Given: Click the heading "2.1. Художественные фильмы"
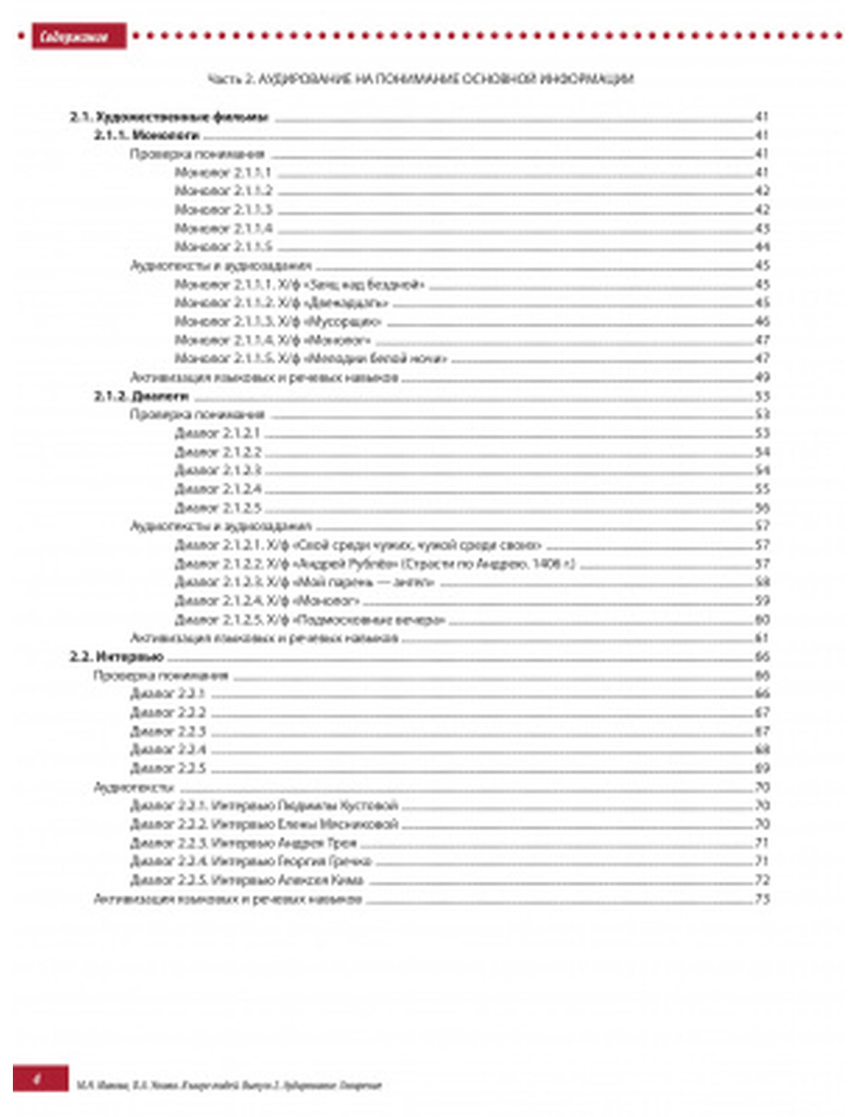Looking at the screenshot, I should pos(168,117).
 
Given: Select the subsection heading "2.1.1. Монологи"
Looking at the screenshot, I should pos(147,136).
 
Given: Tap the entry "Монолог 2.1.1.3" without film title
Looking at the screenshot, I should pos(223,210).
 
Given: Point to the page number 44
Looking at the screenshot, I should pos(762,247).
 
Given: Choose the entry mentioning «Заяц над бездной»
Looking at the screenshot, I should pos(300,284).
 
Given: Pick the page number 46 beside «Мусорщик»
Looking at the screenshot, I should pos(762,321).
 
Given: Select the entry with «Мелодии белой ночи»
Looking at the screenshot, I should pos(311,359).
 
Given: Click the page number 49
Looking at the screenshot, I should pos(762,377).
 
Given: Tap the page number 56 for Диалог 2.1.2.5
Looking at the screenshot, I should pos(762,508).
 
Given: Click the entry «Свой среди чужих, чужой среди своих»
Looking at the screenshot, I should pos(358,545).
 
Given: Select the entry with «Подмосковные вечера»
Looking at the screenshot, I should pos(310,620).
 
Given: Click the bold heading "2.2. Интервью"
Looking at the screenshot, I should pos(116,657).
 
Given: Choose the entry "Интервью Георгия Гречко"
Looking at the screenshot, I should pos(251,861).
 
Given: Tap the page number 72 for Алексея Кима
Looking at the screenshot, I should pos(762,880).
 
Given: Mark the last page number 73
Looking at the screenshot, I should pos(762,899).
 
